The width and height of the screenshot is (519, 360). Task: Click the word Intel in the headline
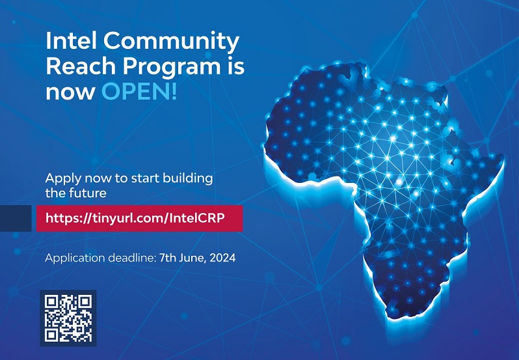point(71,42)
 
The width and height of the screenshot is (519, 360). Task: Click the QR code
point(68,318)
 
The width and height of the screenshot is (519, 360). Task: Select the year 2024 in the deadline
point(222,258)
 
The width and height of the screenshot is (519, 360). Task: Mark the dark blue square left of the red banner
point(16,218)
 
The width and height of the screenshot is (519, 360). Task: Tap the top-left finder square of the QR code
point(51,301)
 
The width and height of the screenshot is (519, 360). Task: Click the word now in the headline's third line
point(63,92)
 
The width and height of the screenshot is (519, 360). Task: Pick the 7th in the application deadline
point(168,258)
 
